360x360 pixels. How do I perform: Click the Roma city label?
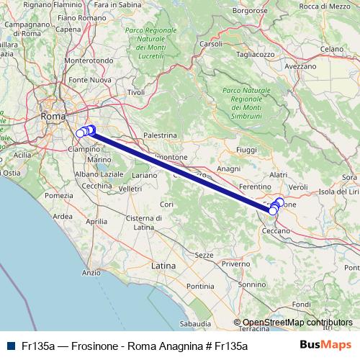click(53, 116)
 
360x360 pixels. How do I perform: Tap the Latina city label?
click(163, 266)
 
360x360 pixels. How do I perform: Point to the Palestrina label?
click(160, 135)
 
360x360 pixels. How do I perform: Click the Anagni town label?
click(228, 168)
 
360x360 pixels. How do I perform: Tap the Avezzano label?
click(300, 66)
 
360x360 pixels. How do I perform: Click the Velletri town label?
click(130, 189)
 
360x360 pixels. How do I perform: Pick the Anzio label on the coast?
click(91, 273)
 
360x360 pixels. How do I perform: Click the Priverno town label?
click(235, 264)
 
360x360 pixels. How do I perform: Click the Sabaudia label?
click(196, 324)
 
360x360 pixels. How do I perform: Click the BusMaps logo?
click(325, 345)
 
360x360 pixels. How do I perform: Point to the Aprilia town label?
click(96, 222)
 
